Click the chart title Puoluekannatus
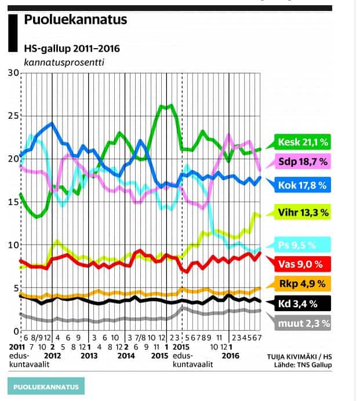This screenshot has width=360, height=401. (75, 20)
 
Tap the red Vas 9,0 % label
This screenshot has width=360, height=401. (301, 264)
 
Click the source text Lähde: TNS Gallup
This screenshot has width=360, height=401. (304, 364)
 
